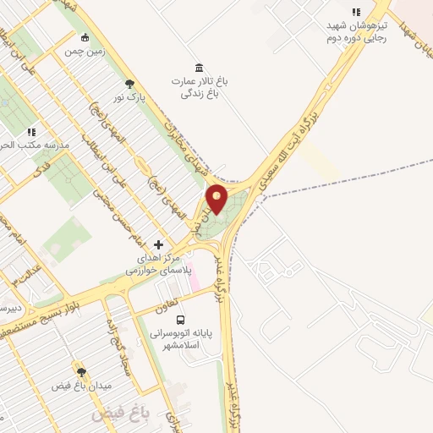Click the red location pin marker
(216, 200)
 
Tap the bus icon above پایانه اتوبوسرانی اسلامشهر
(180, 319)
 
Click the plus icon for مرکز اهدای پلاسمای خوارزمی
(158, 244)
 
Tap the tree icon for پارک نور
(129, 84)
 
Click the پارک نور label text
(131, 98)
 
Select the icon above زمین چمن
(85, 37)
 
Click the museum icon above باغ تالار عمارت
(199, 68)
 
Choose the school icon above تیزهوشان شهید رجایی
(356, 12)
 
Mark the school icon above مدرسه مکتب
(31, 132)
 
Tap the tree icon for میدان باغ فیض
(81, 371)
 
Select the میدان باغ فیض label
(81, 386)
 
